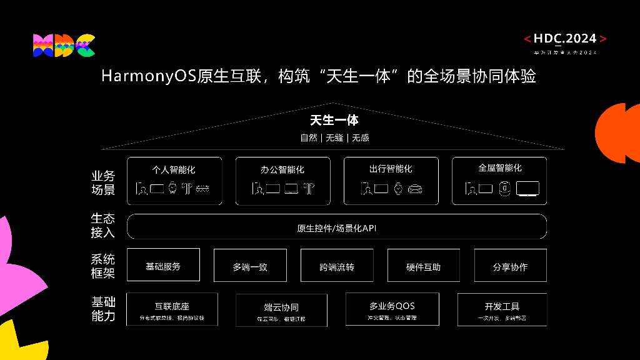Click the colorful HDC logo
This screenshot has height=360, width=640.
click(x=64, y=46)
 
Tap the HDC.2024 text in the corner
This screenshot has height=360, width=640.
click(x=565, y=39)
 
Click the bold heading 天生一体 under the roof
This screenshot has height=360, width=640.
click(x=334, y=121)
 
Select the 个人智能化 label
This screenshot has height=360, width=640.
click(x=174, y=169)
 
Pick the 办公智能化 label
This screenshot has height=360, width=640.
click(x=282, y=169)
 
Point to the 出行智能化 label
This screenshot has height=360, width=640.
click(x=391, y=169)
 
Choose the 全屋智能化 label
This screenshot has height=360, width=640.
click(x=499, y=168)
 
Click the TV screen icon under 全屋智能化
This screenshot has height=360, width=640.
click(x=527, y=188)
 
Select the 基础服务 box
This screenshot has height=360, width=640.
click(x=163, y=266)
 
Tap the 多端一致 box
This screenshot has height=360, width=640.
click(x=250, y=267)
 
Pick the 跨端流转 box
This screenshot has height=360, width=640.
click(x=337, y=267)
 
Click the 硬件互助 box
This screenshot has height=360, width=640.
click(x=423, y=267)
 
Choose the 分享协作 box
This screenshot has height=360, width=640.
click(x=510, y=267)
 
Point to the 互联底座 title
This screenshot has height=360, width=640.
click(x=172, y=306)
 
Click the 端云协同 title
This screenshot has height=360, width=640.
click(x=281, y=307)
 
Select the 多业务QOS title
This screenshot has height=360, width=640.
click(x=392, y=306)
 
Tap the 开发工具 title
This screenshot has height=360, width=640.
click(x=502, y=306)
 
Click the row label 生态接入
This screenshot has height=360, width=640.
click(x=103, y=226)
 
